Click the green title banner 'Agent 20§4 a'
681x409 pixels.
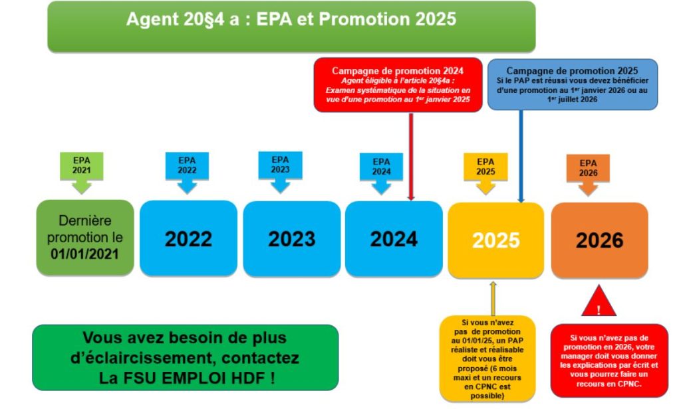point(291,27)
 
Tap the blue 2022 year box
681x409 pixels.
point(188,238)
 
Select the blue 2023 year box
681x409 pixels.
point(292,238)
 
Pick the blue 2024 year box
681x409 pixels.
point(394,238)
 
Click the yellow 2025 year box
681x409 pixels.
point(496,240)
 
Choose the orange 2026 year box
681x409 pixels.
point(600,240)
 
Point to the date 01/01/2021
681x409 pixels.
point(84,254)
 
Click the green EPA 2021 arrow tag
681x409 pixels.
point(82,173)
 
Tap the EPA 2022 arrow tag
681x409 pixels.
point(187,173)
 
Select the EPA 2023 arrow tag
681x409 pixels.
point(280,172)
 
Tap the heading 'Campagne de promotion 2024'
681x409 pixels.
point(398,70)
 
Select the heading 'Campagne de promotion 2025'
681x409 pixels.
point(572,70)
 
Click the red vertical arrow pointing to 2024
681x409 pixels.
point(411,157)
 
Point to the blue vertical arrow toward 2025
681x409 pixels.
point(521,157)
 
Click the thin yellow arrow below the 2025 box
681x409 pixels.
point(493,298)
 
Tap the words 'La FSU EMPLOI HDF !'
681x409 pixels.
point(187,378)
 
